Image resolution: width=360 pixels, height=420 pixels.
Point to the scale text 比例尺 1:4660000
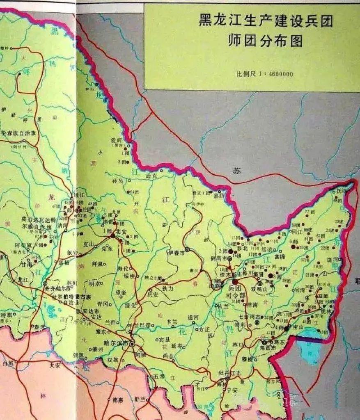tap(264, 74)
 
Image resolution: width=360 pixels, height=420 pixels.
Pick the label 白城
tap(8, 363)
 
